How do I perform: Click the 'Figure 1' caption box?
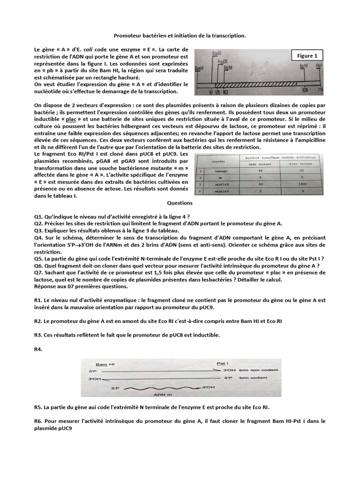click(x=307, y=56)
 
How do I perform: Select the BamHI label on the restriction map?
click(x=198, y=68)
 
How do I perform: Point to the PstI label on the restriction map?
click(x=319, y=66)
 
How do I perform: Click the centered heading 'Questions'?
click(x=180, y=203)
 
